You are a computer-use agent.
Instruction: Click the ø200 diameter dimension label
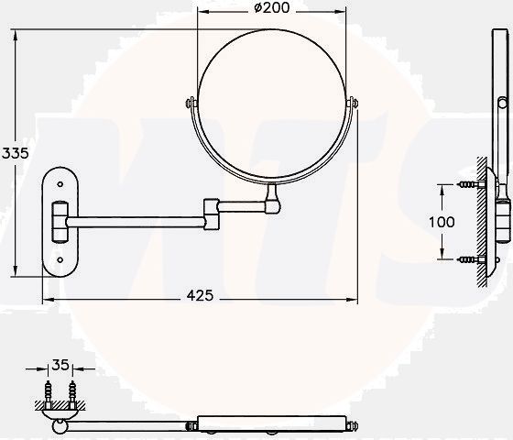click(x=271, y=8)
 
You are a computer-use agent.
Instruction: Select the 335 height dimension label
click(x=15, y=153)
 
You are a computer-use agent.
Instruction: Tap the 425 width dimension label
click(x=200, y=295)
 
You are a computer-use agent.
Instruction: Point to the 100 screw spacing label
click(x=442, y=222)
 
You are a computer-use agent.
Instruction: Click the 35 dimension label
click(x=60, y=365)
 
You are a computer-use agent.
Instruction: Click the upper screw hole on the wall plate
click(x=60, y=184)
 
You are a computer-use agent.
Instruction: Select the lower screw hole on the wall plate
click(x=60, y=260)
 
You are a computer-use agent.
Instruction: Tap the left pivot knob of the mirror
click(x=191, y=103)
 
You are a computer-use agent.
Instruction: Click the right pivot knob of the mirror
click(x=353, y=103)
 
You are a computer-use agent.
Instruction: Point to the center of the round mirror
click(x=271, y=104)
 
